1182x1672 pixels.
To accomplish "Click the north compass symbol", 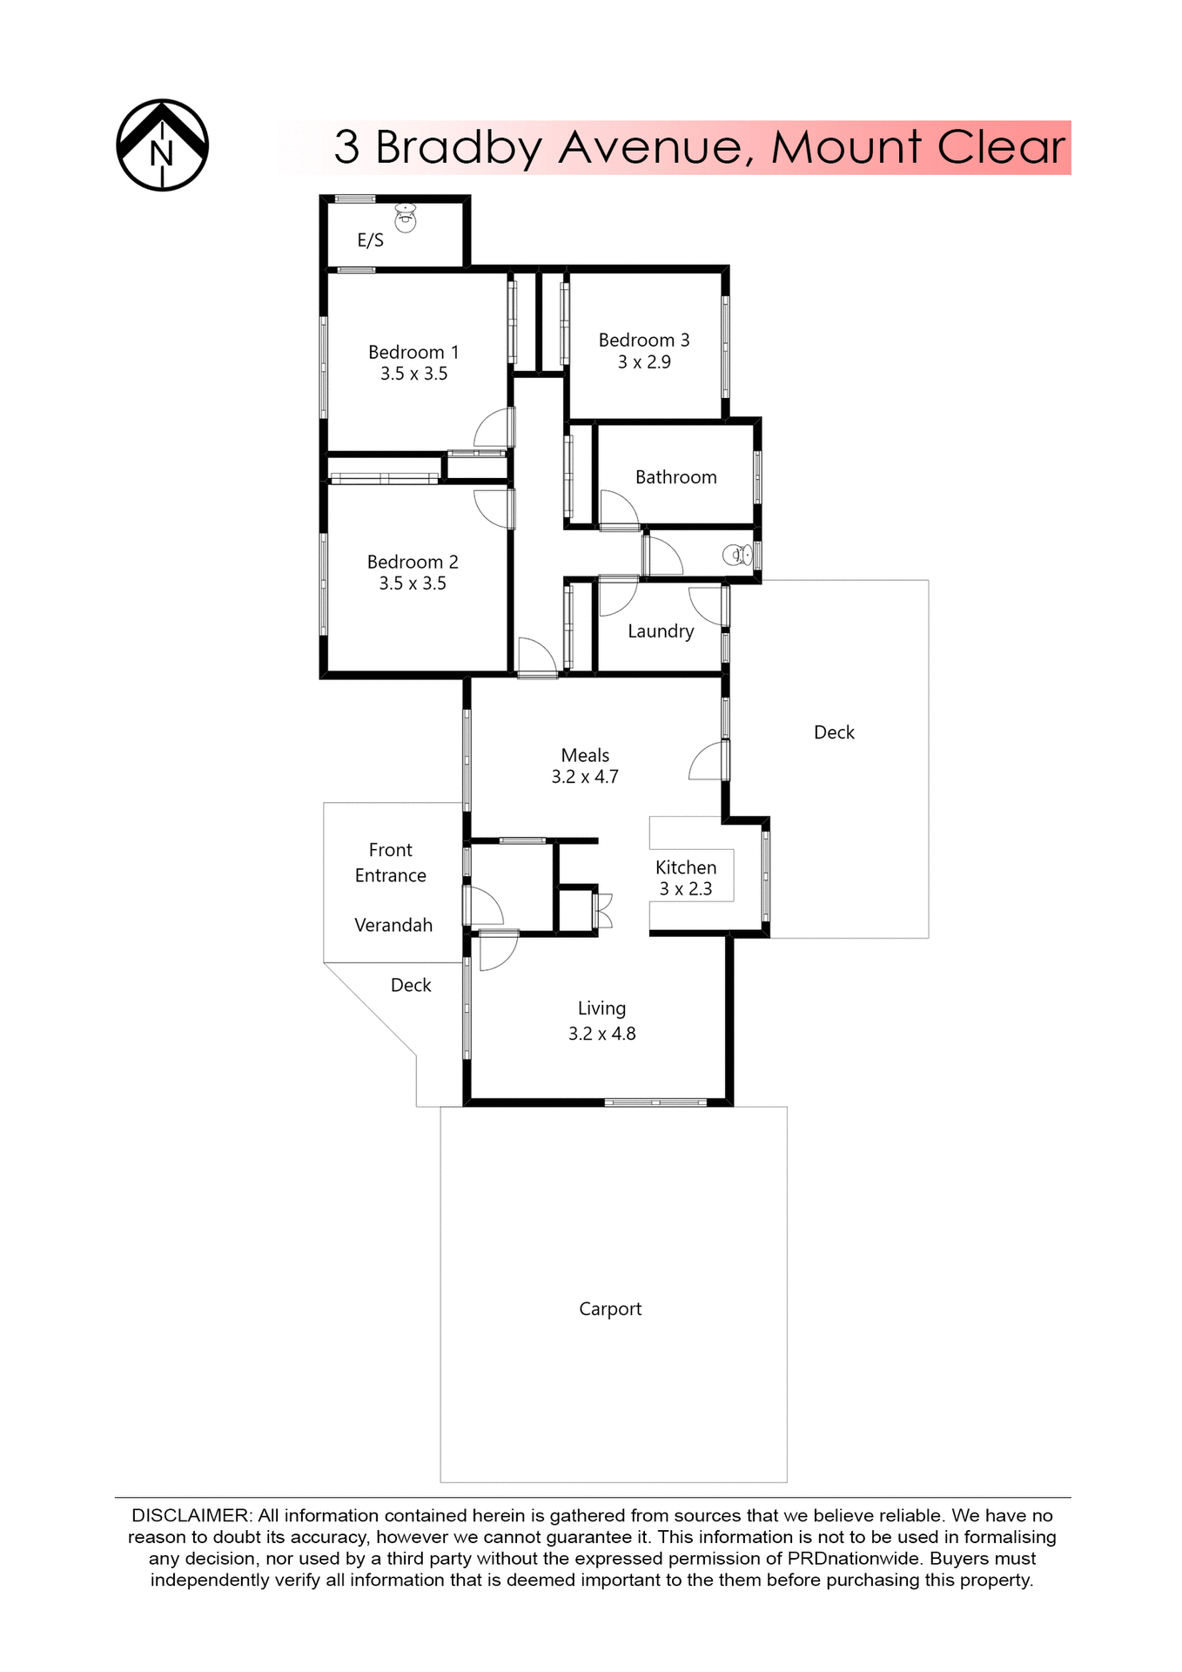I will click(x=162, y=145).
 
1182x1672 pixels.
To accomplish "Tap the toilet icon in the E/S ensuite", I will click(x=406, y=218).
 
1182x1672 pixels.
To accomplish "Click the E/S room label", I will click(x=370, y=240).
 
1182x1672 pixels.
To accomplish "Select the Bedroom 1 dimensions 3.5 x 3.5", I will click(x=413, y=374).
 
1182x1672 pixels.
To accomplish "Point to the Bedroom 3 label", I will click(x=643, y=340).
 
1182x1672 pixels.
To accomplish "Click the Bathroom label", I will click(x=675, y=477).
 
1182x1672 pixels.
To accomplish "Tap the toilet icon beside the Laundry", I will click(x=737, y=555).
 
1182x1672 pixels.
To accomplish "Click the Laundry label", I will click(x=661, y=631).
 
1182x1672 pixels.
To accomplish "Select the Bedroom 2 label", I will click(x=413, y=563).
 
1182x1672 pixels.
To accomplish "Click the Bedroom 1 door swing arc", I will click(x=492, y=428).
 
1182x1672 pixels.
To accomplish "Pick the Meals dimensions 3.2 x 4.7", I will click(x=584, y=777).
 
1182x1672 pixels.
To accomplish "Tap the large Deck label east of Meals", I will click(x=834, y=732).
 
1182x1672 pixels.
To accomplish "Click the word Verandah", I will click(x=393, y=926).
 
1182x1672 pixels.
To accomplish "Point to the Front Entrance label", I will click(x=390, y=862).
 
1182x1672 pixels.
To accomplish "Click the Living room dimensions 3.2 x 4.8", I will click(x=601, y=1034).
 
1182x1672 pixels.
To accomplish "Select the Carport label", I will click(x=610, y=1309).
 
